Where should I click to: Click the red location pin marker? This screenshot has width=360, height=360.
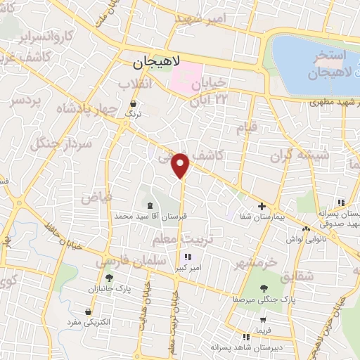181,165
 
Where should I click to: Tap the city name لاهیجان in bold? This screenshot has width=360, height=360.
157,63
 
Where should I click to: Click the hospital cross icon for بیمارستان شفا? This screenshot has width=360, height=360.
262,207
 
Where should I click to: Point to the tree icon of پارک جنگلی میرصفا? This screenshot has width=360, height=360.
264,288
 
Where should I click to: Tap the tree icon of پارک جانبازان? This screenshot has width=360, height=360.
109,278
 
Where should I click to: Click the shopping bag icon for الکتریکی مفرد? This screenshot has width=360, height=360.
87,311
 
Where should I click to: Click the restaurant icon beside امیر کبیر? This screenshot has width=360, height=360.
187,257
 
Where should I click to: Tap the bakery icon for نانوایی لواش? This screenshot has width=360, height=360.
306,229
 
